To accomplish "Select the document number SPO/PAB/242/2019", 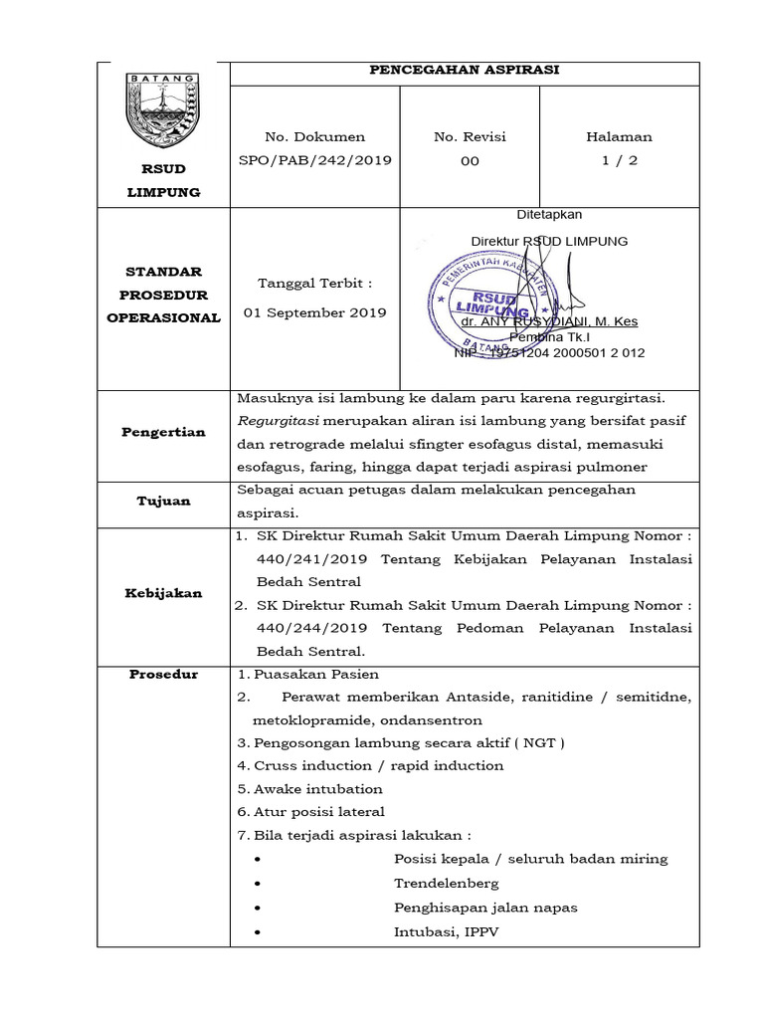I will coord(314,160).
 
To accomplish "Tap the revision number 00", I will coord(470,160).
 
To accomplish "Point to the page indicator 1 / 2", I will coord(619,160).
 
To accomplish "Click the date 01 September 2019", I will coord(314,312).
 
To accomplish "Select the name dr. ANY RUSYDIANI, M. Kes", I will coord(549,321).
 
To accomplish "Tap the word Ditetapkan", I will coord(549,215).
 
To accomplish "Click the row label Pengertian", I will coord(163,432).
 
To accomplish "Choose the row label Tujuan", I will coord(163,501).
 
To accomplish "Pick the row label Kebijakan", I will coord(163,593).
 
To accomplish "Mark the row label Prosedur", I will coord(163,675).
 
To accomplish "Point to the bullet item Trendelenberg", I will coord(447,883).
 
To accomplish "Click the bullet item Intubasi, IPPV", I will coord(447,932).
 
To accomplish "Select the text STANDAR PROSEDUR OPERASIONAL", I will coord(163,295).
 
